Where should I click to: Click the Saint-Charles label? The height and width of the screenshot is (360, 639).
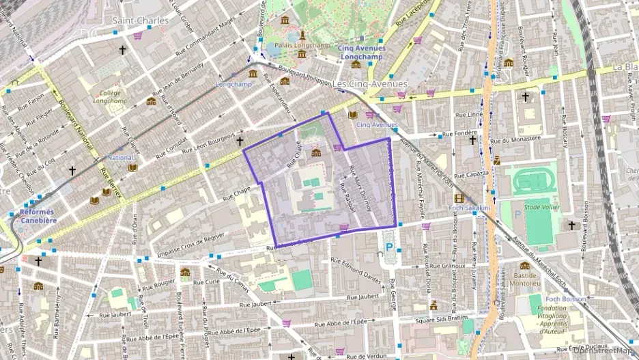[141, 21]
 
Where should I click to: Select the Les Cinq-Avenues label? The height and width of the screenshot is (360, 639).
[372, 84]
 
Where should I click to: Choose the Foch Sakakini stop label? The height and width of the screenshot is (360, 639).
[470, 208]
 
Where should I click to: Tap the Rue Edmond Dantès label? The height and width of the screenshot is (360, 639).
[354, 268]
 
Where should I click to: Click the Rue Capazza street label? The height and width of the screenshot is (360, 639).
[468, 174]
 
